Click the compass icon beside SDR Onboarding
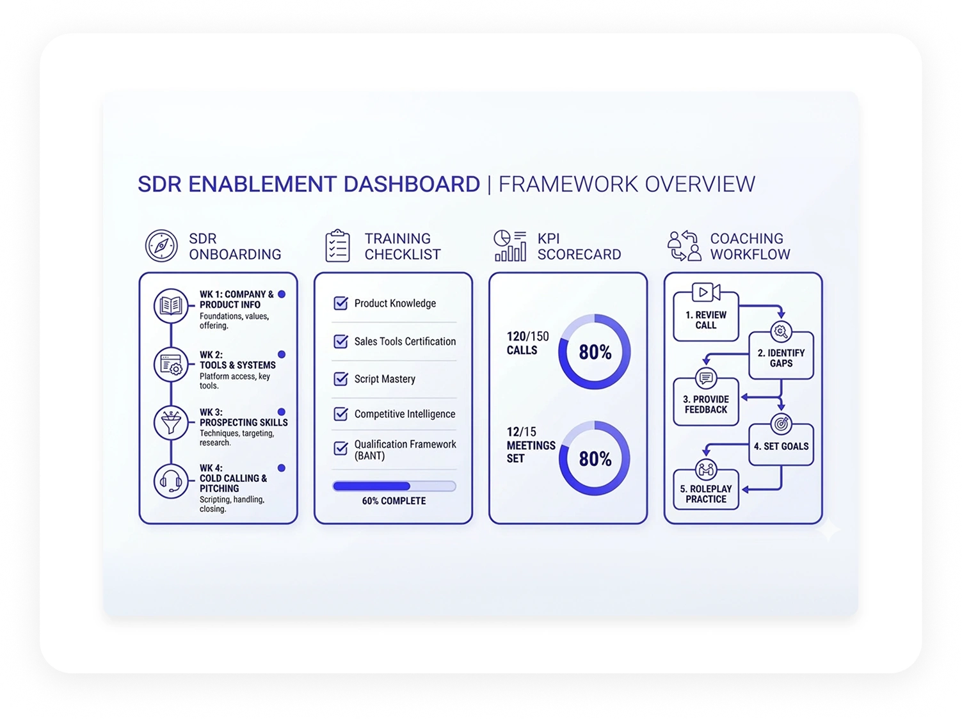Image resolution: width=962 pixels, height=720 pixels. [x=161, y=246]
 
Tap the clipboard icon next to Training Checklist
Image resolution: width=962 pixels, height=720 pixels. [x=337, y=245]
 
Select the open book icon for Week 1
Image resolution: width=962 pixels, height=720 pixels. [x=171, y=306]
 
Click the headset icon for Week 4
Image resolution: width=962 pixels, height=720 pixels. [x=171, y=481]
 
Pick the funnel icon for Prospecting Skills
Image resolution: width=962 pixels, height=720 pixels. [x=171, y=423]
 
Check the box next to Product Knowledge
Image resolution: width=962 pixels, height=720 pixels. [x=341, y=303]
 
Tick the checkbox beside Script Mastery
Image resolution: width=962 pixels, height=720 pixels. [x=341, y=379]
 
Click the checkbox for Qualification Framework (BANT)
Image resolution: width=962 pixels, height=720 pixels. [x=341, y=448]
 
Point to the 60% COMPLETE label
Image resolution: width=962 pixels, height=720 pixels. [x=394, y=501]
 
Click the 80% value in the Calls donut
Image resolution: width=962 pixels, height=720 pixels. [x=595, y=352]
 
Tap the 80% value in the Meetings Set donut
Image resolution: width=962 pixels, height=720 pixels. [x=595, y=459]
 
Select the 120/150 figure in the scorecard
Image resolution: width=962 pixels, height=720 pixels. [x=527, y=337]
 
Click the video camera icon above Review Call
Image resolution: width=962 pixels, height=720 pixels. [x=706, y=292]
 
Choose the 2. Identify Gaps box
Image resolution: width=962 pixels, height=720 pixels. [x=781, y=356]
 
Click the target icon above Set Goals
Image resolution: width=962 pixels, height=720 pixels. [x=781, y=424]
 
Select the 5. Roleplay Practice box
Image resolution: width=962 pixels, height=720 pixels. [x=705, y=490]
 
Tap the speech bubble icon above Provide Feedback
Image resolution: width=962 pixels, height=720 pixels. [x=705, y=378]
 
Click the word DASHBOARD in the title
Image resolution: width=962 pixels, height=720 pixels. [x=412, y=184]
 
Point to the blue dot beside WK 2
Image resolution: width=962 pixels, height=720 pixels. [x=282, y=355]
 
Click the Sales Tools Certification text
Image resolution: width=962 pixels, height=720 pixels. [x=405, y=341]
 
